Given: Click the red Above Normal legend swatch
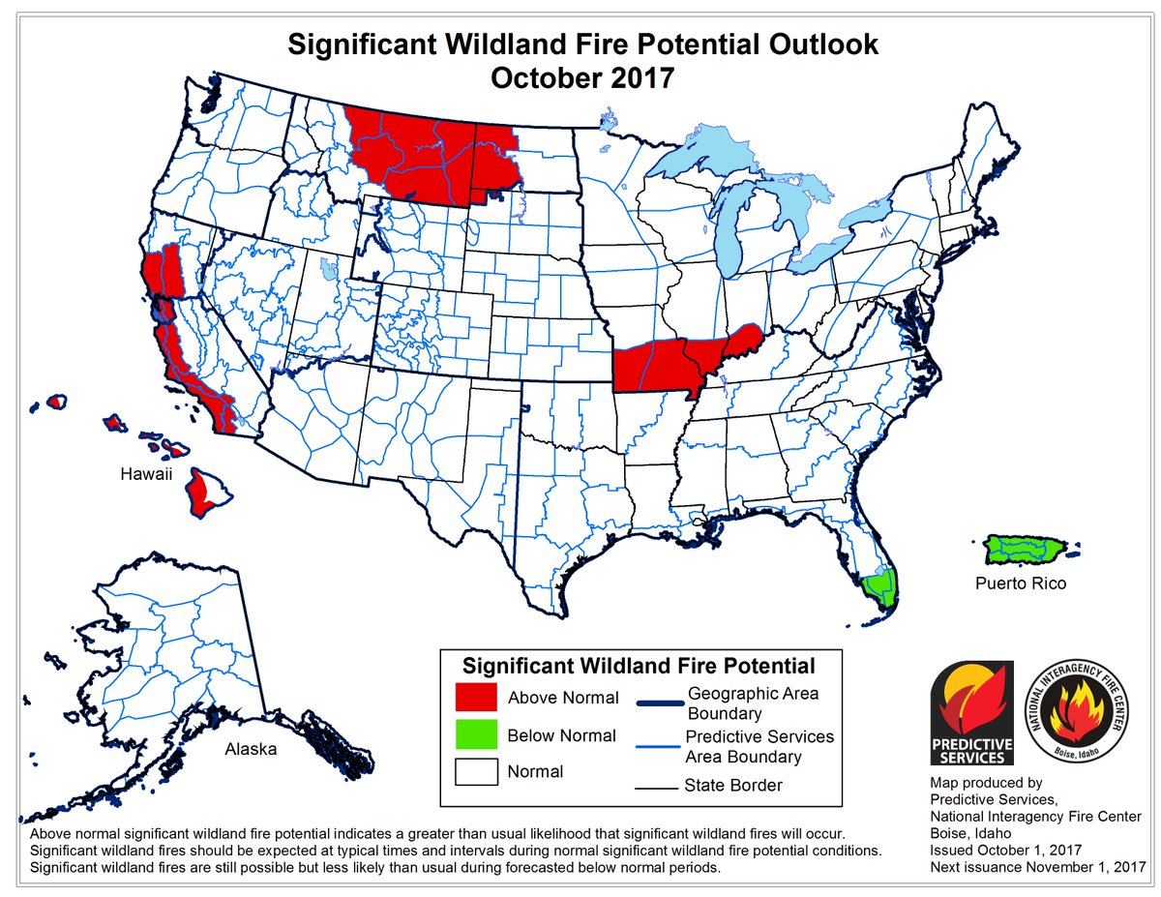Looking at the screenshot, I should [476, 698].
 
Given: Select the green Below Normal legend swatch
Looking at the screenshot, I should [476, 735].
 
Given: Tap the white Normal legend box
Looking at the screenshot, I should [476, 771].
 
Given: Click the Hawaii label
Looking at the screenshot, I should [146, 474].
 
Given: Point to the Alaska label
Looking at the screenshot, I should [251, 749].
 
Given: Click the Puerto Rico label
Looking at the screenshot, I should [1021, 583].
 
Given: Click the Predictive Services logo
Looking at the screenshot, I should [970, 713].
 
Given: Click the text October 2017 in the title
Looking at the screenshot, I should [580, 77].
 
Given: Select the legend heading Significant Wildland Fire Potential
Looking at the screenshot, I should [638, 666].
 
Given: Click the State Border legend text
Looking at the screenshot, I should [733, 785].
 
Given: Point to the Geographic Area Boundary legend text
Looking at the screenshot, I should [753, 703].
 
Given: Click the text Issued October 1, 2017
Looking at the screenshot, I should [1004, 850].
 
